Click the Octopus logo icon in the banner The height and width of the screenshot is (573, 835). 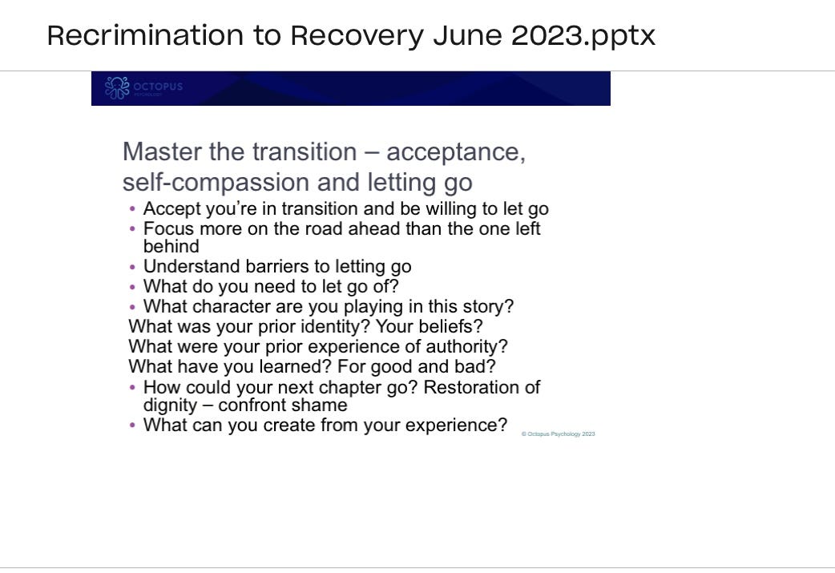[x=117, y=88]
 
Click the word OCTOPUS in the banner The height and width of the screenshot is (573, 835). [x=158, y=87]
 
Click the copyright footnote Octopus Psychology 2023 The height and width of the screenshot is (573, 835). [x=558, y=434]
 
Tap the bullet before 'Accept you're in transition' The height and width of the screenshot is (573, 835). [x=132, y=210]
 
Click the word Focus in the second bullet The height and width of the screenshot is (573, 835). [x=168, y=229]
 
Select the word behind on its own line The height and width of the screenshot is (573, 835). [x=171, y=247]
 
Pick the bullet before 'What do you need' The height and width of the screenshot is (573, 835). [x=132, y=287]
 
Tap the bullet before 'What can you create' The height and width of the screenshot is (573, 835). [x=132, y=426]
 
